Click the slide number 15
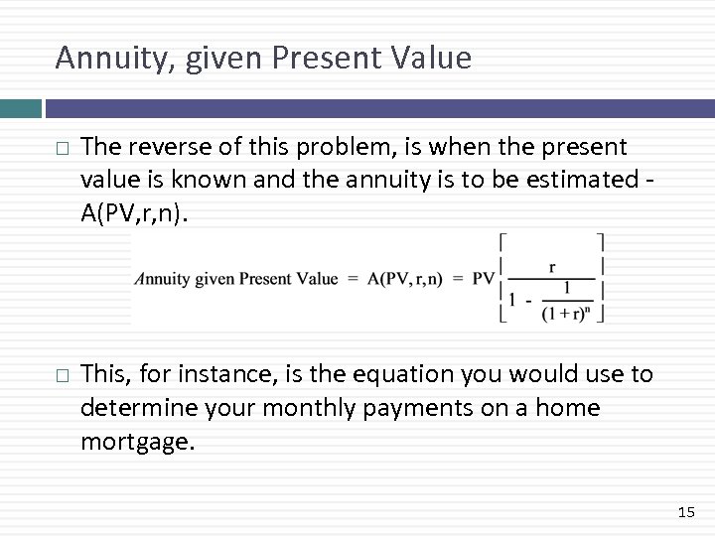click(686, 512)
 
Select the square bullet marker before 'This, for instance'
click(63, 375)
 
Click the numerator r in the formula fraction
click(551, 266)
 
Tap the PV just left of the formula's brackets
click(484, 279)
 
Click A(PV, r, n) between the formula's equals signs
click(406, 279)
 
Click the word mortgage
click(138, 440)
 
